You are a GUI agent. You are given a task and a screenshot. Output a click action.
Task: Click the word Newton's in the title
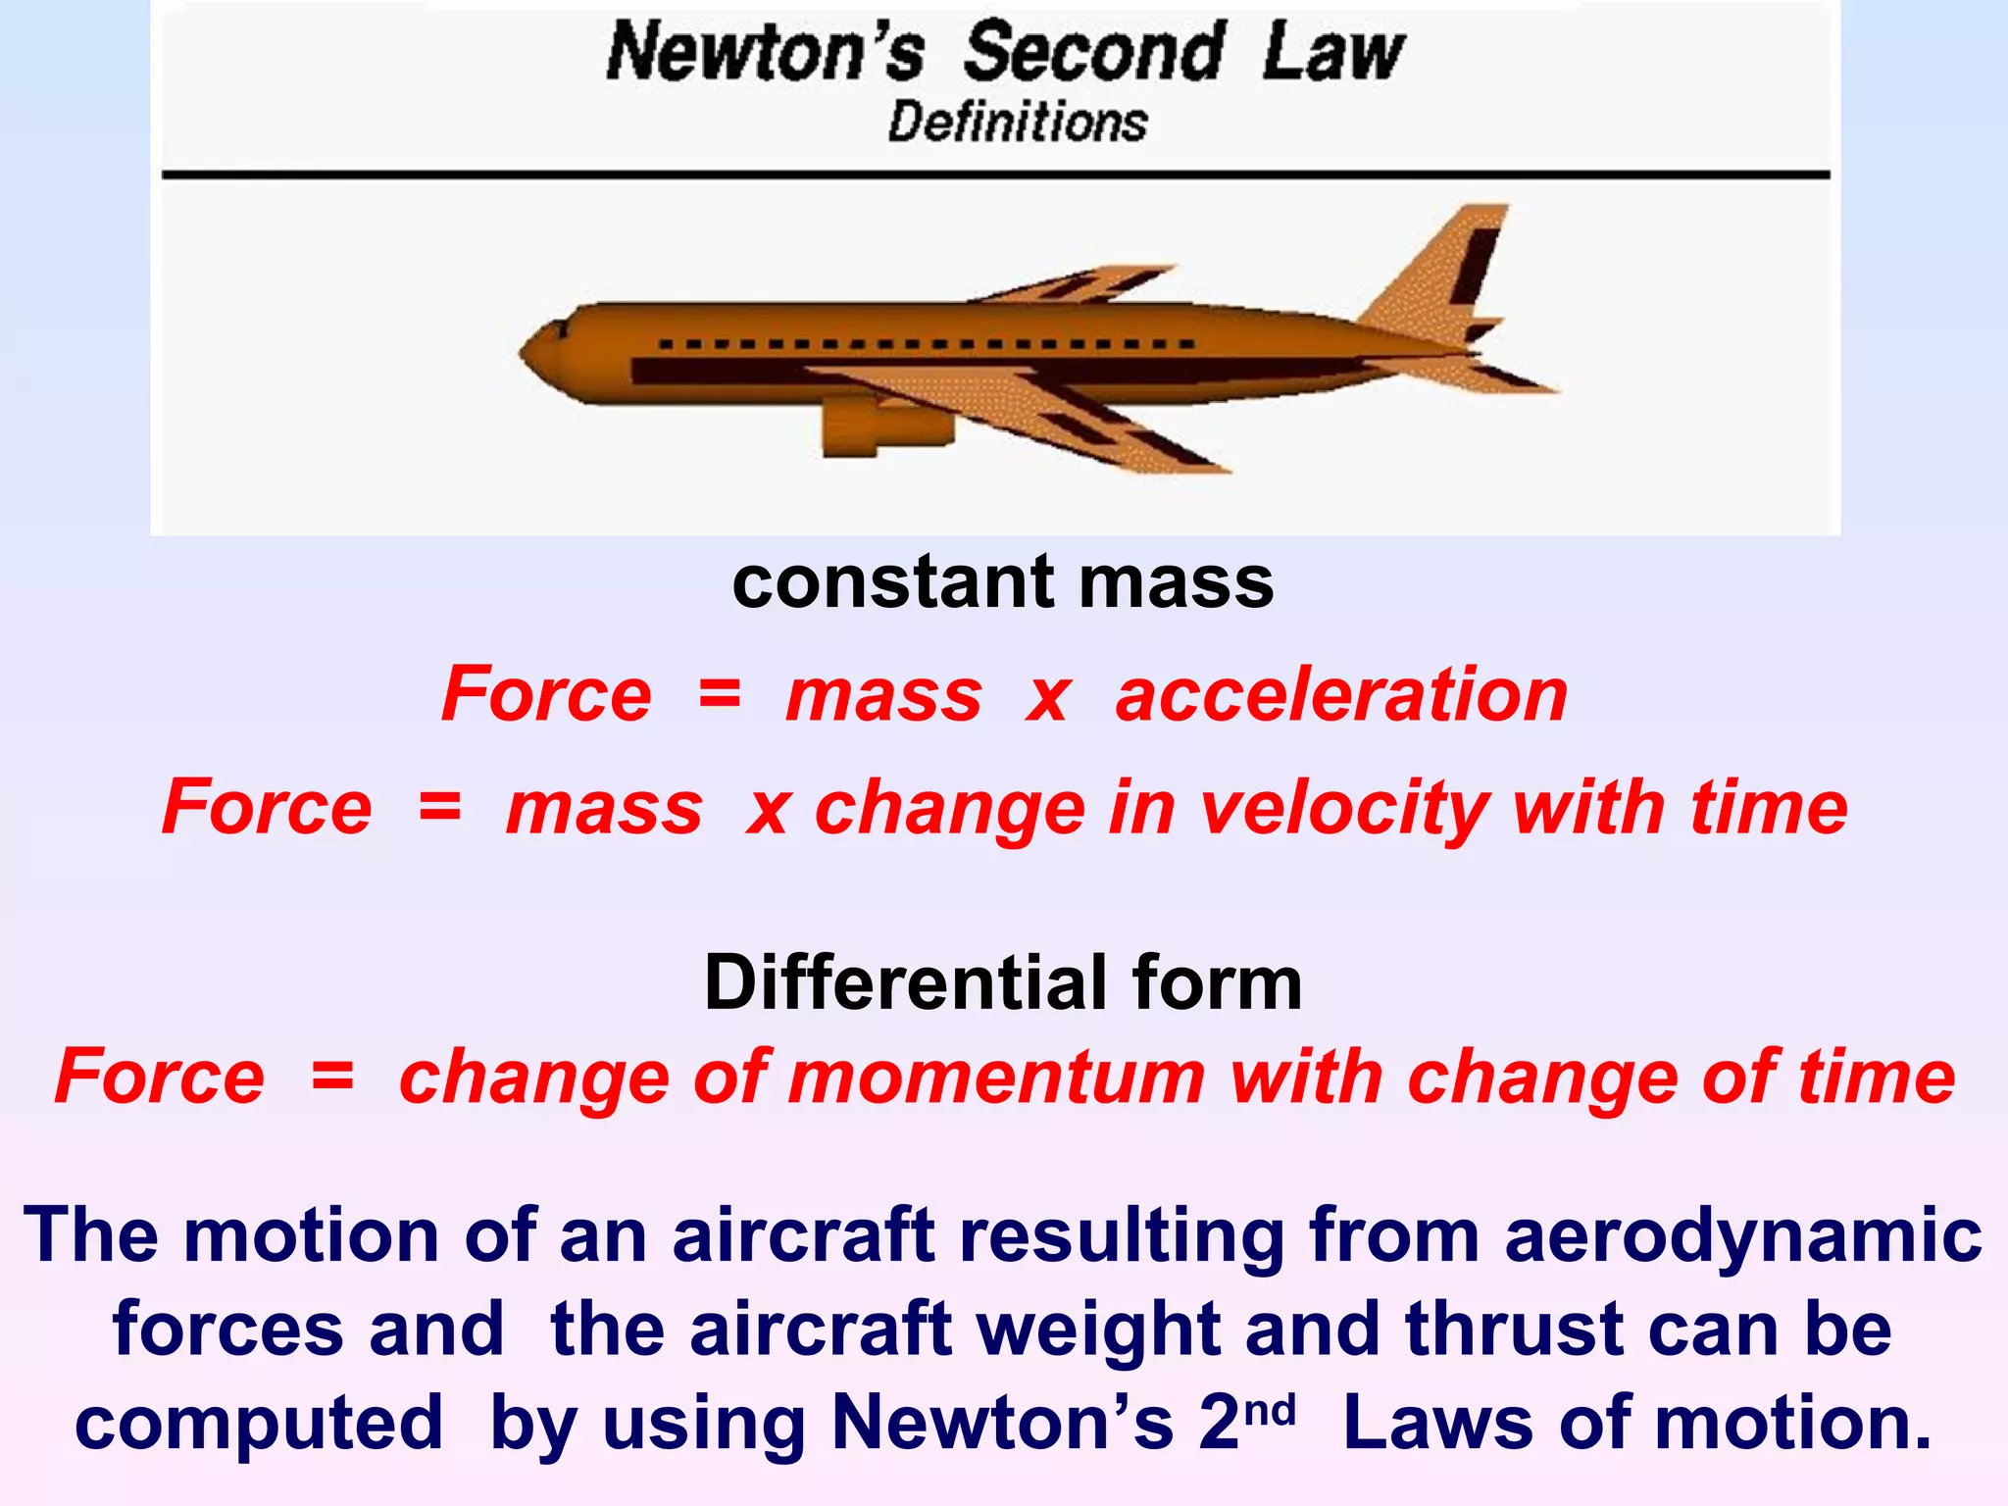click(765, 53)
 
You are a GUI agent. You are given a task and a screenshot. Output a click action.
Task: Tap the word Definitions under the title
click(1018, 124)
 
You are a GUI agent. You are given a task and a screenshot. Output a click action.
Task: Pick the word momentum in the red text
click(997, 1077)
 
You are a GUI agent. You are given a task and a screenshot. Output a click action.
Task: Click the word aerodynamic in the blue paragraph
click(1743, 1235)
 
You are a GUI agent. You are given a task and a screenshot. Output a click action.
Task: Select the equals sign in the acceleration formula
click(719, 694)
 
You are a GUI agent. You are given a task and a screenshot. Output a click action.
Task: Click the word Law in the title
click(1332, 53)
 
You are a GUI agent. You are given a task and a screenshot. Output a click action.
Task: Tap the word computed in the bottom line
click(259, 1424)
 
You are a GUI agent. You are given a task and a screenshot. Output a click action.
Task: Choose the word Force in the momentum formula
click(160, 1077)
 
